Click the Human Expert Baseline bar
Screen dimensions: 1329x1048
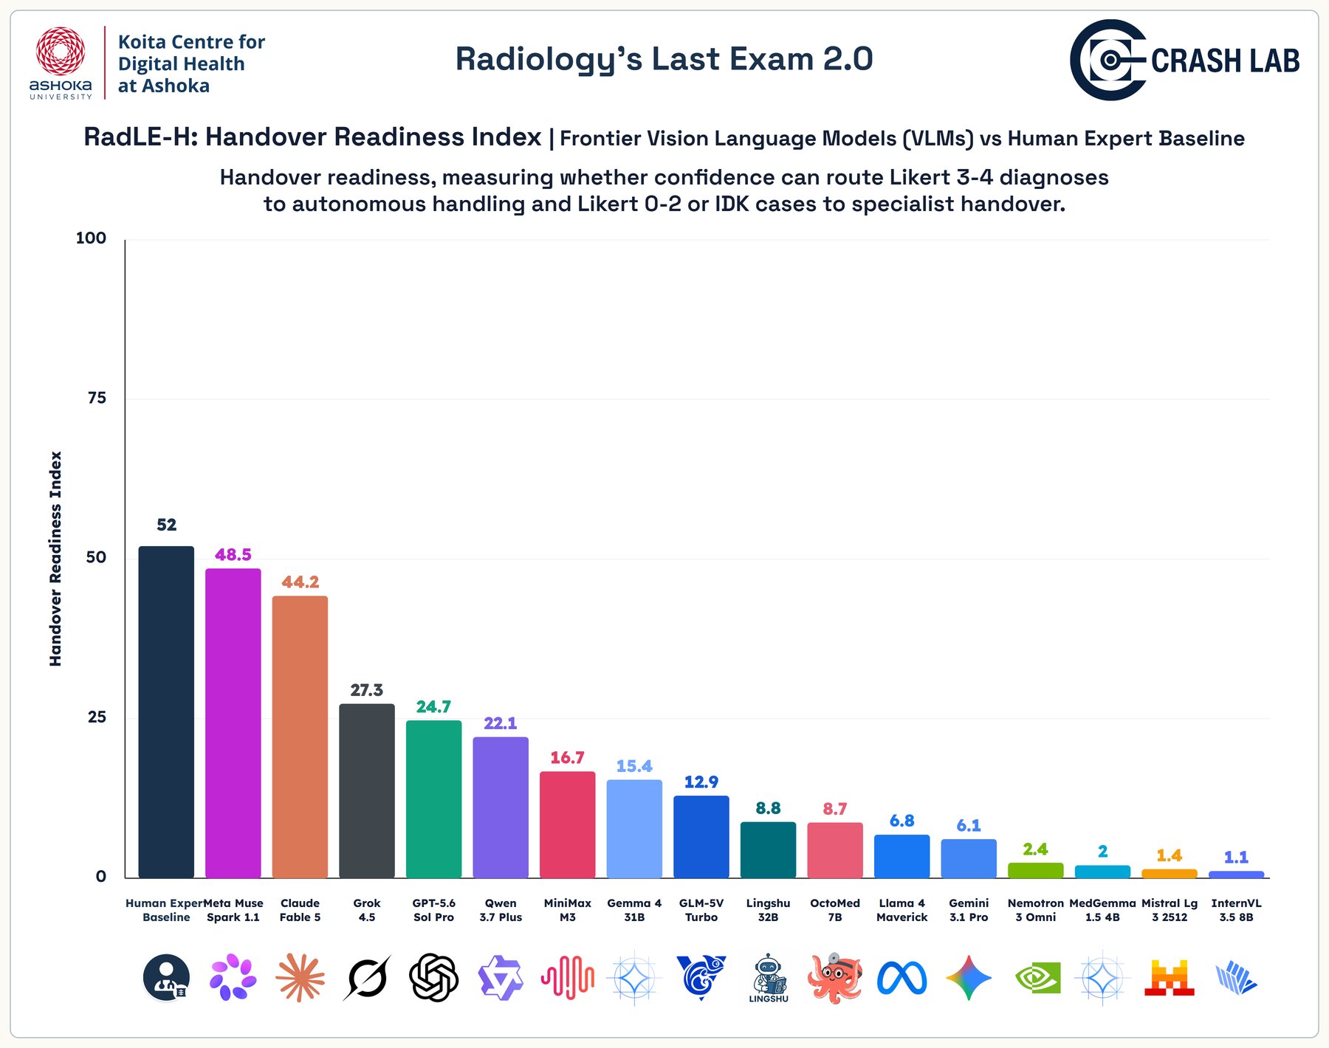coord(166,711)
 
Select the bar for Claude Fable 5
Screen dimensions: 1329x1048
coord(300,737)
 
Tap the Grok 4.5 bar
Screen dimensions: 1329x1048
coord(367,790)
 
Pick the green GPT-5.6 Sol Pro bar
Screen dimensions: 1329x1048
coord(433,799)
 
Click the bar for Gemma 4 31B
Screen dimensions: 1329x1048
coord(634,828)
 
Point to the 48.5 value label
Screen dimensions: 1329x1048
coord(233,554)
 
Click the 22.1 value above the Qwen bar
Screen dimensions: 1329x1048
coord(501,723)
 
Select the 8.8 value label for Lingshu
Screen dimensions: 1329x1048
coord(768,808)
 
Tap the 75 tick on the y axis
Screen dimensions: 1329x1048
coord(97,398)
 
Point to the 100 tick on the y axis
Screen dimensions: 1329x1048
coord(92,238)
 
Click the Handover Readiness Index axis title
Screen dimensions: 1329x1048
coord(55,559)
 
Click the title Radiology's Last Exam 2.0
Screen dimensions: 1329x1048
coord(664,59)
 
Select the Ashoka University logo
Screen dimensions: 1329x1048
coord(61,63)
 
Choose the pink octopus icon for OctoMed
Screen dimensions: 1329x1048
coord(835,978)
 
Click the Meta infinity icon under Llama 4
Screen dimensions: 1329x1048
coord(902,979)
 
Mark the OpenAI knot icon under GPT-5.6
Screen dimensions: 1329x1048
coord(434,978)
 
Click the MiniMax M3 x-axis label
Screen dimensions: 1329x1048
coord(567,910)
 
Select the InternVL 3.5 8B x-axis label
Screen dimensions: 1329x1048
coord(1237,910)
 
